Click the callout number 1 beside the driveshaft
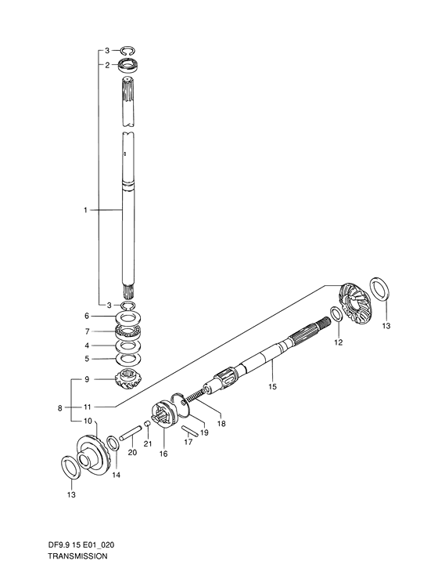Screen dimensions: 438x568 pos(85,210)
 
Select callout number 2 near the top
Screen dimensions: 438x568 pos(107,65)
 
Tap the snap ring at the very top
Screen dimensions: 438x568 pos(127,51)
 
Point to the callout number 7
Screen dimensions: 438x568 pos(87,331)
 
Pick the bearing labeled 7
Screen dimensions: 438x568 pos(128,331)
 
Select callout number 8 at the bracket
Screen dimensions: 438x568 pos(59,408)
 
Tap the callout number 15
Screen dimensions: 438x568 pos(272,386)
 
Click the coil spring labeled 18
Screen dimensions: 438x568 pos(195,395)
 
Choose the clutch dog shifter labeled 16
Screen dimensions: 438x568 pos(163,414)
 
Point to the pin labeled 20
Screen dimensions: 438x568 pos(129,432)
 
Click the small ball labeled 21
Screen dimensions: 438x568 pos(147,424)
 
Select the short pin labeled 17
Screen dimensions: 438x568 pos(189,430)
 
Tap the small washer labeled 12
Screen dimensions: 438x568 pos(336,314)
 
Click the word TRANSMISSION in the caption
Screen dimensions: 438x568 pos(77,556)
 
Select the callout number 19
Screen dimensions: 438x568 pos(204,432)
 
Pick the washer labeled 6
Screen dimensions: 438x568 pos(128,318)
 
